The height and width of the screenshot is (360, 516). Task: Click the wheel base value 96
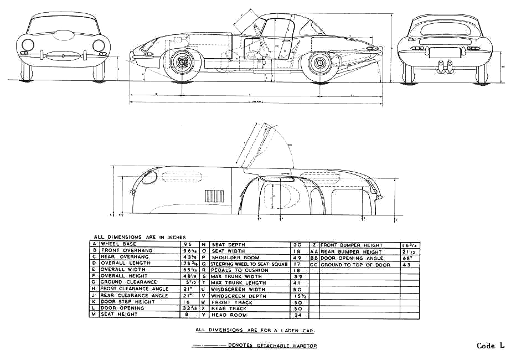pyautogui.click(x=187, y=244)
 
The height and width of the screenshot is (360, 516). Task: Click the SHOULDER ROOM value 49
pyautogui.click(x=297, y=258)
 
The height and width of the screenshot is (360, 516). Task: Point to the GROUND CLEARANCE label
pyautogui.click(x=121, y=282)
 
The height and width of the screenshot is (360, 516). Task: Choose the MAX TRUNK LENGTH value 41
pyautogui.click(x=297, y=283)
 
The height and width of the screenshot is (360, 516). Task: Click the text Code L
pyautogui.click(x=491, y=346)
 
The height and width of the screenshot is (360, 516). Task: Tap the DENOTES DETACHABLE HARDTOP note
pyautogui.click(x=272, y=346)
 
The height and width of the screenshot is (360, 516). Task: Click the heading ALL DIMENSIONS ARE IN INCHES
pyautogui.click(x=140, y=236)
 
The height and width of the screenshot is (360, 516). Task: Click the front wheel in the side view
pyautogui.click(x=181, y=63)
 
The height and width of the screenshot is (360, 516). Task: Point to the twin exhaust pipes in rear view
pyautogui.click(x=443, y=68)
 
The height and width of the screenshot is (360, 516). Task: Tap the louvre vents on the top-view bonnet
pyautogui.click(x=213, y=196)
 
